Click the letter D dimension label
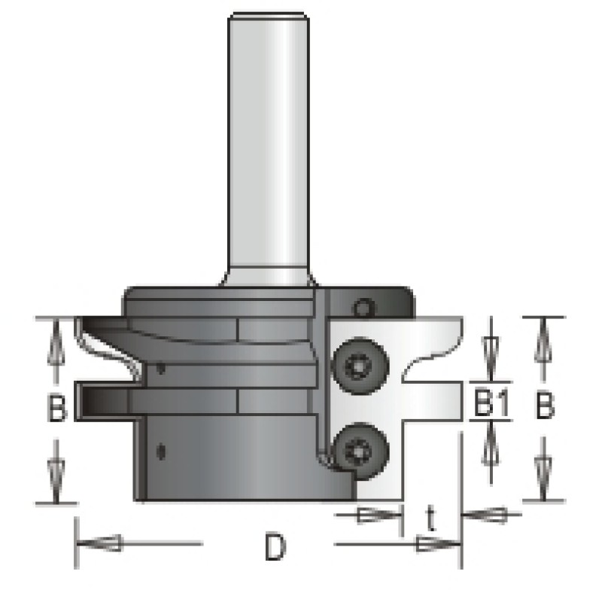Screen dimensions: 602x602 [x=275, y=547]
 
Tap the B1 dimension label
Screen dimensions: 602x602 [x=492, y=403]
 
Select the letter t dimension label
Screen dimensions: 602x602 [x=430, y=518]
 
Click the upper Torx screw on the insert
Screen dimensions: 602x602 [x=360, y=366]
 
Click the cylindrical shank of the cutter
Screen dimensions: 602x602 [x=267, y=150]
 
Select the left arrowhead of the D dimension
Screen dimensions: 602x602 [x=99, y=543]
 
